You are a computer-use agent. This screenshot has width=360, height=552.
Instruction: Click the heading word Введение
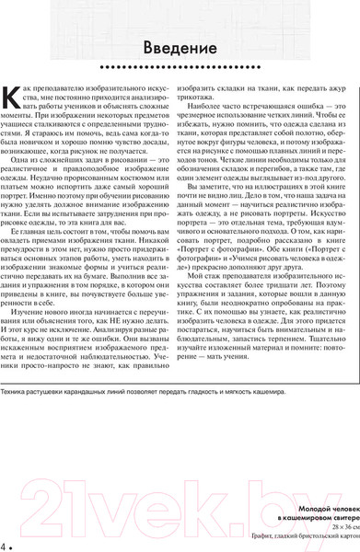180,47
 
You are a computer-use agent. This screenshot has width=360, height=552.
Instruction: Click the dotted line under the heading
180,67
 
